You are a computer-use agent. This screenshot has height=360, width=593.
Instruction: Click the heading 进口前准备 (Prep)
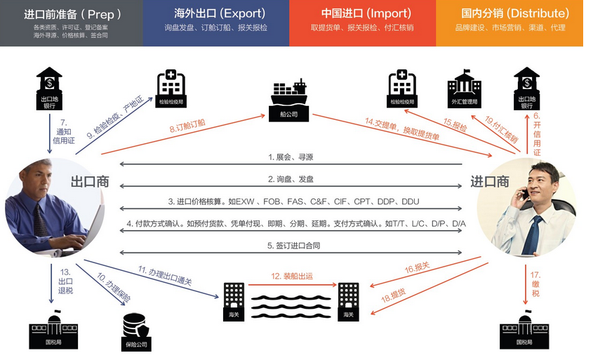click(72, 13)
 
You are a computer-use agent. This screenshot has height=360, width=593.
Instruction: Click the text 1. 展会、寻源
click(290, 157)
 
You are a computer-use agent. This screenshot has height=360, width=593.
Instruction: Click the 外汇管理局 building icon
click(463, 88)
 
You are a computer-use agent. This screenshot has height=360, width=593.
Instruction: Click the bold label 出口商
click(90, 181)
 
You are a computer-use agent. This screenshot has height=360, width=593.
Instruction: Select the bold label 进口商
click(489, 181)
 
